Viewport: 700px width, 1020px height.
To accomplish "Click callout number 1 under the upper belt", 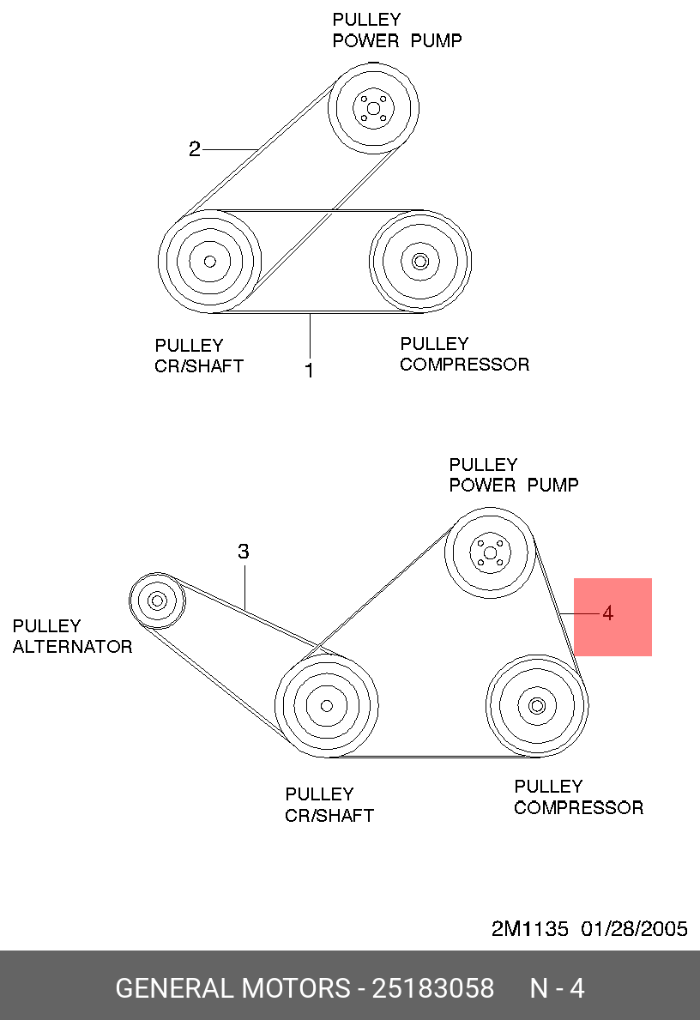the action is coord(309,370).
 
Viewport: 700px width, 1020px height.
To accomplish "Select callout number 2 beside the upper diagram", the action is coord(195,149).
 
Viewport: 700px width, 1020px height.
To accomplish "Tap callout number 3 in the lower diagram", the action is coord(244,552).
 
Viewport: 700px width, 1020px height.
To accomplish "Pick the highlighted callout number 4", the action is coord(607,613).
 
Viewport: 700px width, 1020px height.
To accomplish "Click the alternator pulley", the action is coord(157,601).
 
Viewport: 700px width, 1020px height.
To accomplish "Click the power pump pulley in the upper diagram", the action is coord(373,109).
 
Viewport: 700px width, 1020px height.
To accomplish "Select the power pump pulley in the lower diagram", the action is coord(491,552).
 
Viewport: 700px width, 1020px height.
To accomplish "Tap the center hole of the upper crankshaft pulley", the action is coord(209,262).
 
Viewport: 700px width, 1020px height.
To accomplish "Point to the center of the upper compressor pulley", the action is coord(420,262).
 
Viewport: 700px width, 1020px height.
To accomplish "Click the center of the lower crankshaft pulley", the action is coord(327,706).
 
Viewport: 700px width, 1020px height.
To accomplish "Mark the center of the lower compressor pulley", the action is coord(537,706).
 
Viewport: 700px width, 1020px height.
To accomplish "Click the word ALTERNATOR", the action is coord(73,647).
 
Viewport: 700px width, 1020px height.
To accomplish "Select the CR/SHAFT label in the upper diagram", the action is coord(199,366).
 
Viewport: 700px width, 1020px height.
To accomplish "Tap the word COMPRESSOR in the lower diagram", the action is coord(579,808).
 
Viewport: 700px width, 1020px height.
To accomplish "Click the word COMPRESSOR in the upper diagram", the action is coord(464,365).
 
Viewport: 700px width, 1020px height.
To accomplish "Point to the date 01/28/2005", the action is coord(634,929).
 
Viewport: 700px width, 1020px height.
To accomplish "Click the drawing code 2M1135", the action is coord(529,929).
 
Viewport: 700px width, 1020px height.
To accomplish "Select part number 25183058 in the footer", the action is coord(432,988).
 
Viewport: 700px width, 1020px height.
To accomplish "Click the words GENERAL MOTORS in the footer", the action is coord(232,988).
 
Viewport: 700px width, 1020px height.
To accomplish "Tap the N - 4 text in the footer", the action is coord(558,988).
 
